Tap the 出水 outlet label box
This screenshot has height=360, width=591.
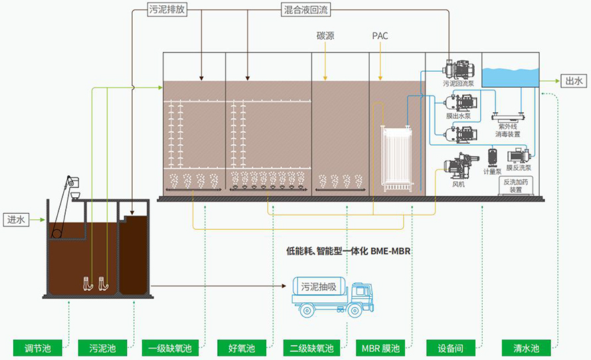pos(573,82)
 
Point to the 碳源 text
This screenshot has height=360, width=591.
pos(325,36)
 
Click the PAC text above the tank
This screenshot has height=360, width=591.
pos(380,36)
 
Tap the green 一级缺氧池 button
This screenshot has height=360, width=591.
pos(169,348)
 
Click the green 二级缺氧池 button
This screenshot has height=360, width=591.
pos(311,348)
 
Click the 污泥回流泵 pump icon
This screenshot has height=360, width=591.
pos(458,68)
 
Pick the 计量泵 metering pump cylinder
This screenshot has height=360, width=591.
pos(493,157)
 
